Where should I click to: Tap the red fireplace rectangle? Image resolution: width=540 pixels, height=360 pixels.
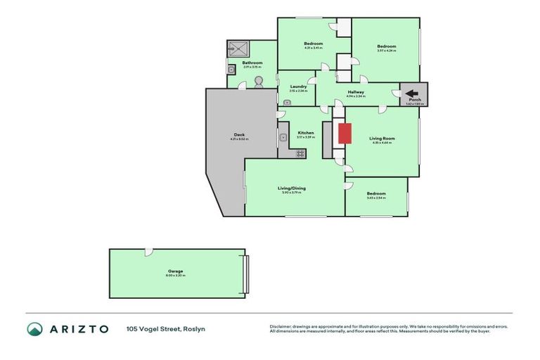344,134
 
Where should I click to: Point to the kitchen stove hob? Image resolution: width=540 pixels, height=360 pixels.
300,153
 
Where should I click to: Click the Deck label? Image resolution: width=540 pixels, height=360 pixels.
239,135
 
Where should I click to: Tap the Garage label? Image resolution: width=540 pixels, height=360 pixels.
175,271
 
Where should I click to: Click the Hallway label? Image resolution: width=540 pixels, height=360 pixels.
355,92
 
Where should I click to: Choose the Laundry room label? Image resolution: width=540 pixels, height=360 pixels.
298,86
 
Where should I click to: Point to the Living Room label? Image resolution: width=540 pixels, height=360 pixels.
382,139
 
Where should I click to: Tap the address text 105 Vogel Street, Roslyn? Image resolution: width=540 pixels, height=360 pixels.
165,328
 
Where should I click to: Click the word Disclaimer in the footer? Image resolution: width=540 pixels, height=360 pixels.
281,326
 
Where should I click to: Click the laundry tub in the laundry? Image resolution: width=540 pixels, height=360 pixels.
286,102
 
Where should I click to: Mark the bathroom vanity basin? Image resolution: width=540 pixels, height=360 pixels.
231,70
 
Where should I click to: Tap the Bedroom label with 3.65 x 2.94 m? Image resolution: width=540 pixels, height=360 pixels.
375,193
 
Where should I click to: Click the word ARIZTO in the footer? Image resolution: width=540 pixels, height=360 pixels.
77,328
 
